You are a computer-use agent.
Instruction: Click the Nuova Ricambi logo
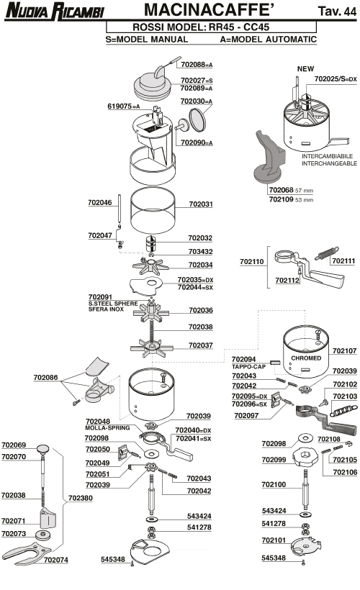click(x=55, y=11)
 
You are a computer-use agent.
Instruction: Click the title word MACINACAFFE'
click(x=209, y=10)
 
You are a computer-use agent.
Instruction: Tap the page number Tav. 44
click(x=337, y=12)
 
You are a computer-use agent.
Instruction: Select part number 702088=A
click(x=197, y=64)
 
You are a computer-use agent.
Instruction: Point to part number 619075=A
click(x=124, y=106)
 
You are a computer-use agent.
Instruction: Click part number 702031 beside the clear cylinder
click(x=201, y=204)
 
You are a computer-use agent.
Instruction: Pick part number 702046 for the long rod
click(x=100, y=202)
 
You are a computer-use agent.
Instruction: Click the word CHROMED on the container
click(x=306, y=358)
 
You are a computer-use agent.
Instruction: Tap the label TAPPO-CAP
click(x=248, y=366)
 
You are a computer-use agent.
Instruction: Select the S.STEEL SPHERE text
click(x=113, y=304)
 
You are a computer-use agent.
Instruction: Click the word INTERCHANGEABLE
click(x=329, y=163)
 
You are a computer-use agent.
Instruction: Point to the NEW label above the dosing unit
click(x=305, y=69)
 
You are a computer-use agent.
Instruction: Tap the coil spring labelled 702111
click(x=327, y=253)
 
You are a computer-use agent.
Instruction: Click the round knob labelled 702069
click(x=43, y=448)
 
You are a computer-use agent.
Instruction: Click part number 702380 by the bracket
click(x=80, y=498)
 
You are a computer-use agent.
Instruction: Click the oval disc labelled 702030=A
click(x=197, y=120)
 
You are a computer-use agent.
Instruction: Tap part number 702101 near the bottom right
click(x=274, y=540)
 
